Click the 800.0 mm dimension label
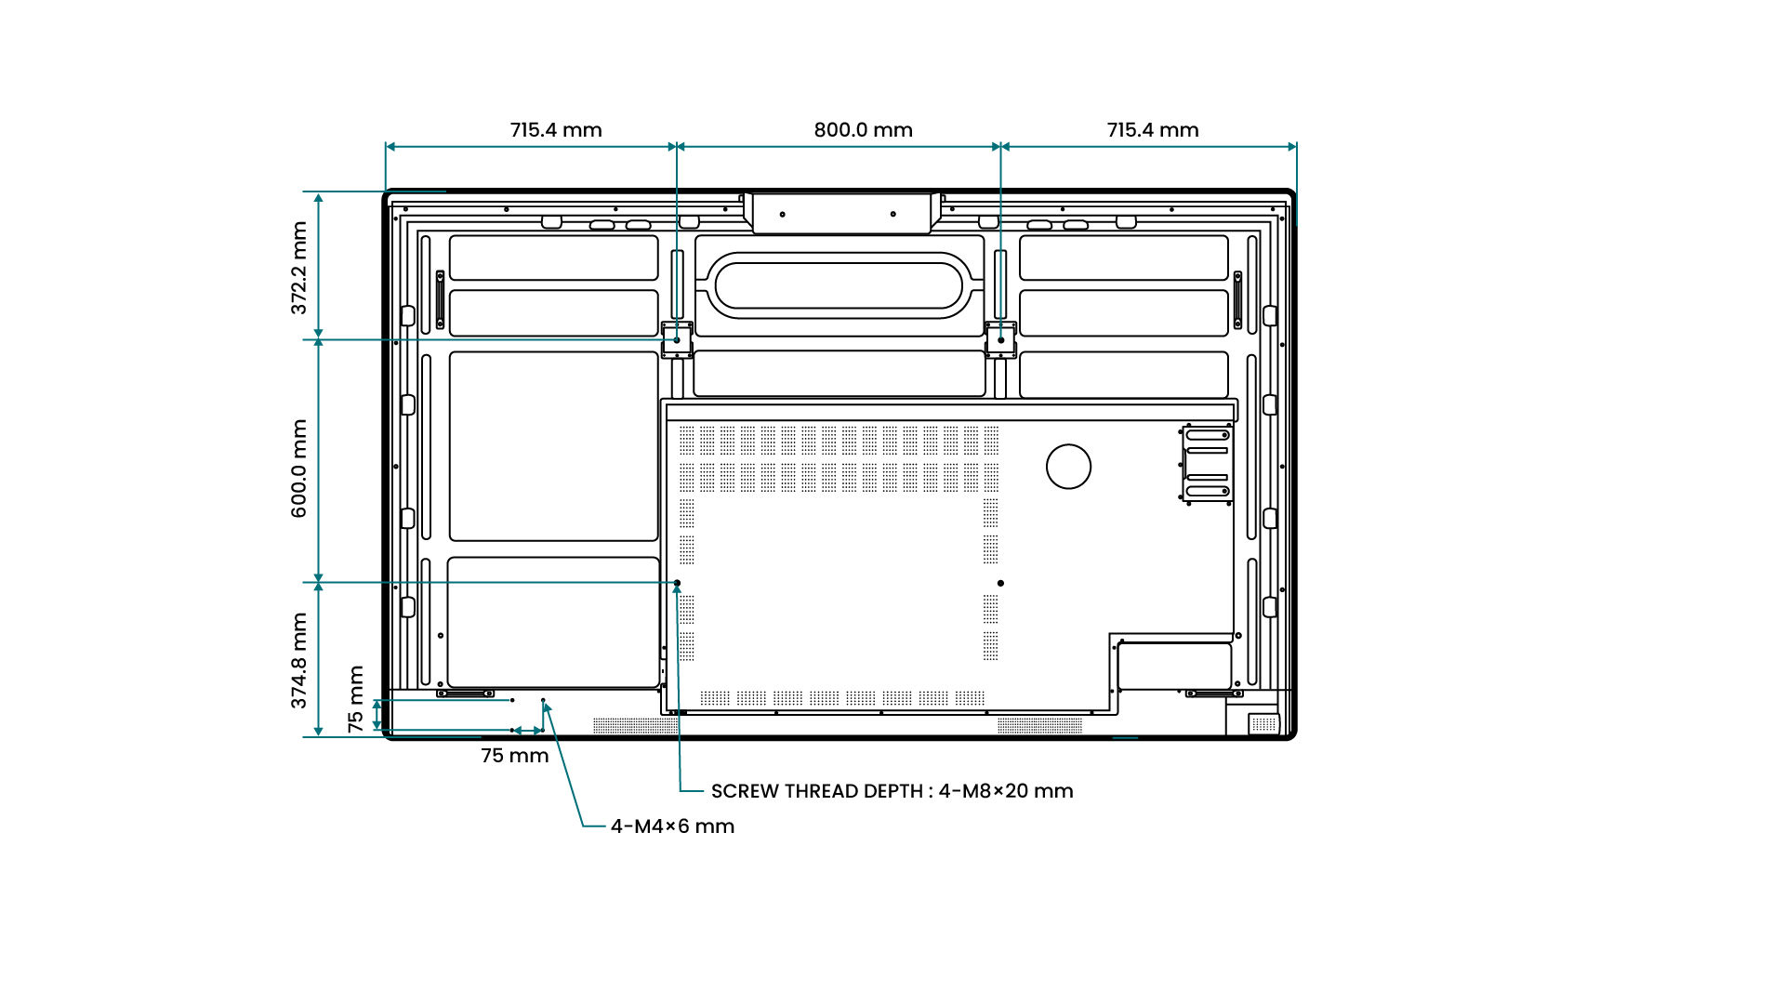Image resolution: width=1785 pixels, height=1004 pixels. [863, 130]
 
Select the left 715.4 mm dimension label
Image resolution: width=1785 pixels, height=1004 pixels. [555, 130]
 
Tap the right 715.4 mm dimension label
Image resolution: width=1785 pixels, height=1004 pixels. [1152, 130]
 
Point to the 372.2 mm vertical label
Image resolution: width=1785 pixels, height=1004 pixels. [298, 268]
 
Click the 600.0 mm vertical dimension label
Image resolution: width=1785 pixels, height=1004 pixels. [298, 468]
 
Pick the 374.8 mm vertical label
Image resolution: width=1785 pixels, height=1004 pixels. [298, 660]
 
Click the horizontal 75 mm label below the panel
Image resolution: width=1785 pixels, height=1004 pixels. [514, 756]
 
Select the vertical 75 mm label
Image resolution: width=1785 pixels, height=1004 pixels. [356, 698]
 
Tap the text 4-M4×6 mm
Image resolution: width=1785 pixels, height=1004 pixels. [672, 826]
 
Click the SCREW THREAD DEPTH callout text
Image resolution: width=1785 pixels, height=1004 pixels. [892, 791]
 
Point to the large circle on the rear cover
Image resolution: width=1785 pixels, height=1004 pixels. [1068, 467]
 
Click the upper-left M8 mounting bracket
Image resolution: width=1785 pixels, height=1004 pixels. [677, 340]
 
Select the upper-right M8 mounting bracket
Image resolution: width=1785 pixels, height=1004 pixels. [1000, 340]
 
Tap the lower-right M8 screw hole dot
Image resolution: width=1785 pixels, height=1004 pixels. [1000, 583]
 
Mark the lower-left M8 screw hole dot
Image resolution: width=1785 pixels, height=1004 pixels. [677, 583]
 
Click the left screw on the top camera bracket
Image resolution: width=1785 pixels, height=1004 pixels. [782, 215]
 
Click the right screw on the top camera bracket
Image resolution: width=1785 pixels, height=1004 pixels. [892, 215]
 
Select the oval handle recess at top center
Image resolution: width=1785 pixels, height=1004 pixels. [839, 285]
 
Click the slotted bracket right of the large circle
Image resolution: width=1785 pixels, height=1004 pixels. [1208, 464]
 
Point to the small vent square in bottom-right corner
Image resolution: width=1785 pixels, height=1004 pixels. [1263, 723]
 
